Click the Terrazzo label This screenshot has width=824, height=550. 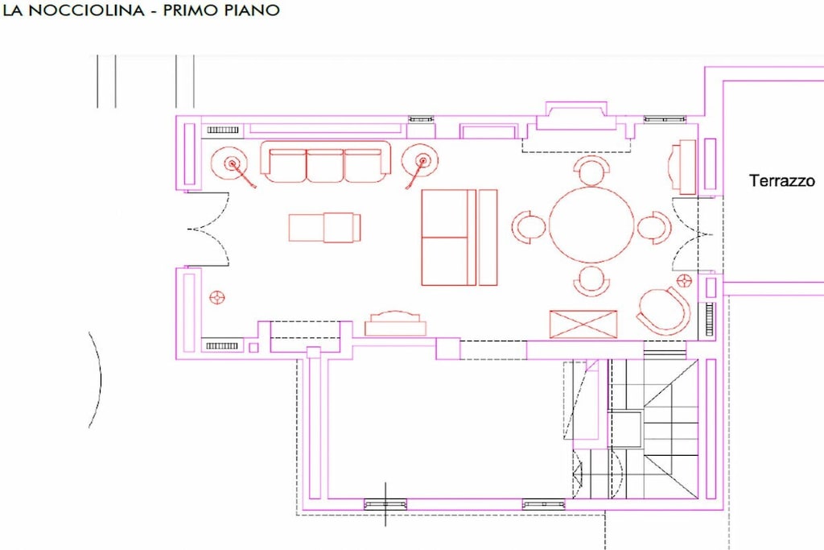[782, 180]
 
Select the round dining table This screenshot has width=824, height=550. [591, 225]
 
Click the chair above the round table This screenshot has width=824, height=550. [591, 171]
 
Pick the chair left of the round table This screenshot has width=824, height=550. [528, 226]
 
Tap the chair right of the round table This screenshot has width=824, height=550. [654, 227]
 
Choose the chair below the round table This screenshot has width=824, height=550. [591, 281]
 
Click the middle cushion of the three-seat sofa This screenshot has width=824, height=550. [325, 165]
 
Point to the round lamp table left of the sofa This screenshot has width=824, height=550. [229, 163]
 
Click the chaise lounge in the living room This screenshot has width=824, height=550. [325, 226]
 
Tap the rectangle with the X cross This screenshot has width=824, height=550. [583, 324]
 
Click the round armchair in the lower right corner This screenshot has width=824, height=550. [663, 310]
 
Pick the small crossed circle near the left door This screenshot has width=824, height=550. [217, 298]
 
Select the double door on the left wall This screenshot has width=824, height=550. [208, 230]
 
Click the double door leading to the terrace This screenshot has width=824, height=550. [693, 235]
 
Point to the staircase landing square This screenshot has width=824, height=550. [624, 429]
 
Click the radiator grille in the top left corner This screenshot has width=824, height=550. [222, 130]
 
